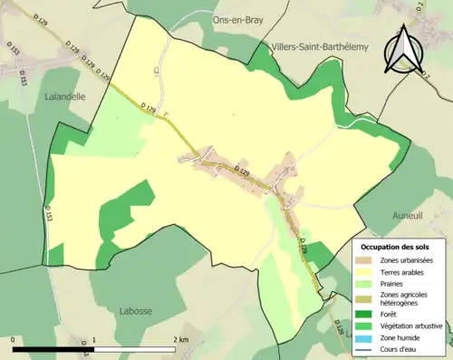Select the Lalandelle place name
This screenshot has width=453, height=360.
[63, 93]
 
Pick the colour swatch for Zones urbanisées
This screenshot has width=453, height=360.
[368, 261]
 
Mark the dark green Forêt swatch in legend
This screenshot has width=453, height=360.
[368, 316]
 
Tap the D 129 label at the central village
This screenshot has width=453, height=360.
[242, 170]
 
